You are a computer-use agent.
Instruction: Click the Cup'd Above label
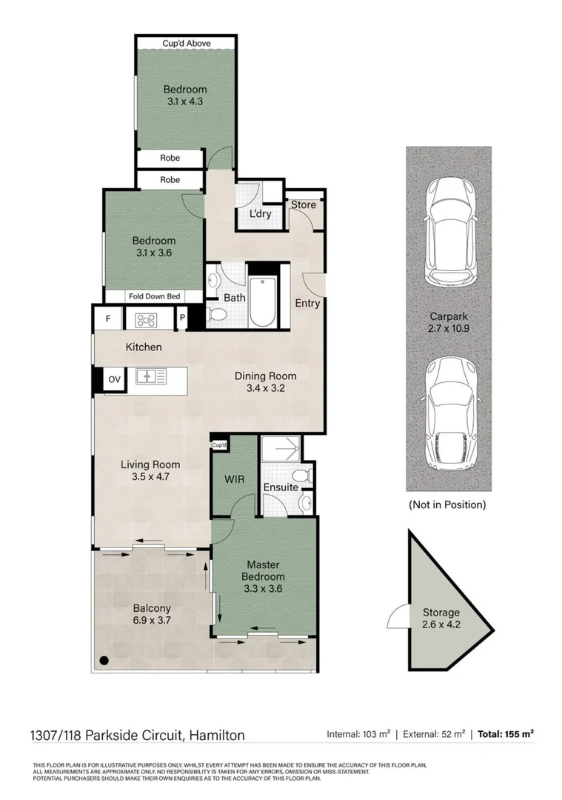[187, 44]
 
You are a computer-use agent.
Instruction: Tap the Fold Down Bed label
[154, 296]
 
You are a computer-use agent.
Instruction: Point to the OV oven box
[114, 379]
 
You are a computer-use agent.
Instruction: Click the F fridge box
[107, 320]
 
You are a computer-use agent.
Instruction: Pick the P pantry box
[181, 319]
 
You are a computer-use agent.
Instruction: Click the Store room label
[303, 205]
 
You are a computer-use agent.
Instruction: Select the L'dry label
[260, 214]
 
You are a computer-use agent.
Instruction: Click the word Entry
[307, 303]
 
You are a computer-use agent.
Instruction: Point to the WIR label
[234, 479]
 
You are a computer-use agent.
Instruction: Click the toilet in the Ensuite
[302, 475]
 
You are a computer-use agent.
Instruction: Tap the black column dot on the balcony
[104, 660]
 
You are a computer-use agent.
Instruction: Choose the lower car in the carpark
[448, 412]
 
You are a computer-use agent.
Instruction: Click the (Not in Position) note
[447, 504]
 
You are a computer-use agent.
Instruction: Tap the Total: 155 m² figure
[506, 735]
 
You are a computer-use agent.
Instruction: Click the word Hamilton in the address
[217, 736]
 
